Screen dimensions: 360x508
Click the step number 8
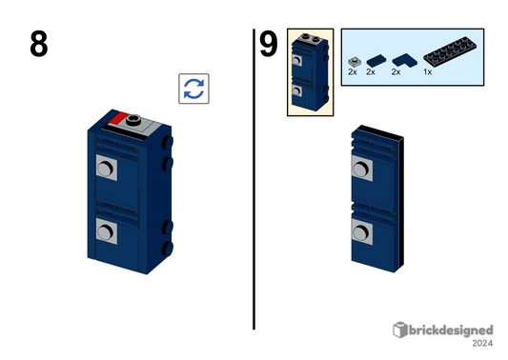point(38,45)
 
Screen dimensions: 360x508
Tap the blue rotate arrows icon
point(193,89)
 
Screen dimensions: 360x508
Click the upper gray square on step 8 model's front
point(106,169)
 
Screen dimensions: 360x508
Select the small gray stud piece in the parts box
point(353,59)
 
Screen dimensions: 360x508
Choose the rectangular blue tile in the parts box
point(372,59)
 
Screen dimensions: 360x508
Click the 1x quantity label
point(428,72)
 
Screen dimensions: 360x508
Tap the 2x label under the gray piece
point(352,72)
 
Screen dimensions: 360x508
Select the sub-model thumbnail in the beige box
point(310,71)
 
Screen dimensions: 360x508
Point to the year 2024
point(482,345)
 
